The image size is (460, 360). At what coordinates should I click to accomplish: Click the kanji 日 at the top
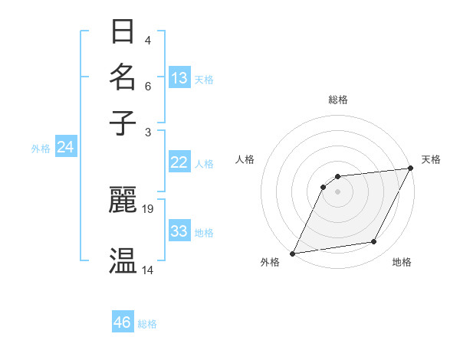pos(123,33)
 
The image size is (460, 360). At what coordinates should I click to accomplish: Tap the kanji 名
pos(123,77)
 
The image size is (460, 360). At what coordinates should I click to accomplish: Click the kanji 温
pos(123,260)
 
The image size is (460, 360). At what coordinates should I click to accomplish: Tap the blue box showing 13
pos(179,78)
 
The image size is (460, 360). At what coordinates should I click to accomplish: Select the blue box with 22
pos(179,162)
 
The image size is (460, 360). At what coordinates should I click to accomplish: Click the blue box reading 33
pos(179,231)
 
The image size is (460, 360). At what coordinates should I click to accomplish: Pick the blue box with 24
pos(65,147)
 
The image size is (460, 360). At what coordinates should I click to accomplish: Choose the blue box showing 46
pos(123,322)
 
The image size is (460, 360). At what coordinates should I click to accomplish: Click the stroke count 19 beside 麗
pos(148,208)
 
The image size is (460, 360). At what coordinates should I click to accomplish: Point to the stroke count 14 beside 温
pos(148,270)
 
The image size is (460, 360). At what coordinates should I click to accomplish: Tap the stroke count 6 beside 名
pos(147,86)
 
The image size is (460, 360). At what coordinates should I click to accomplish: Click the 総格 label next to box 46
pos(147,324)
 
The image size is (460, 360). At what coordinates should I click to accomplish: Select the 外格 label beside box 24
pos(41,149)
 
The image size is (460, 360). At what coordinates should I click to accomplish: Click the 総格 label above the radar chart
pos(337,100)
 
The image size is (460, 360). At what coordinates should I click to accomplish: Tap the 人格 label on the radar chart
pos(245,159)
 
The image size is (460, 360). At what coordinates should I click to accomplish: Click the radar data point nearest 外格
pos(292,253)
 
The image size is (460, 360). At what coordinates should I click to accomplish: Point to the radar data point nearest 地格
pos(374,242)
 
